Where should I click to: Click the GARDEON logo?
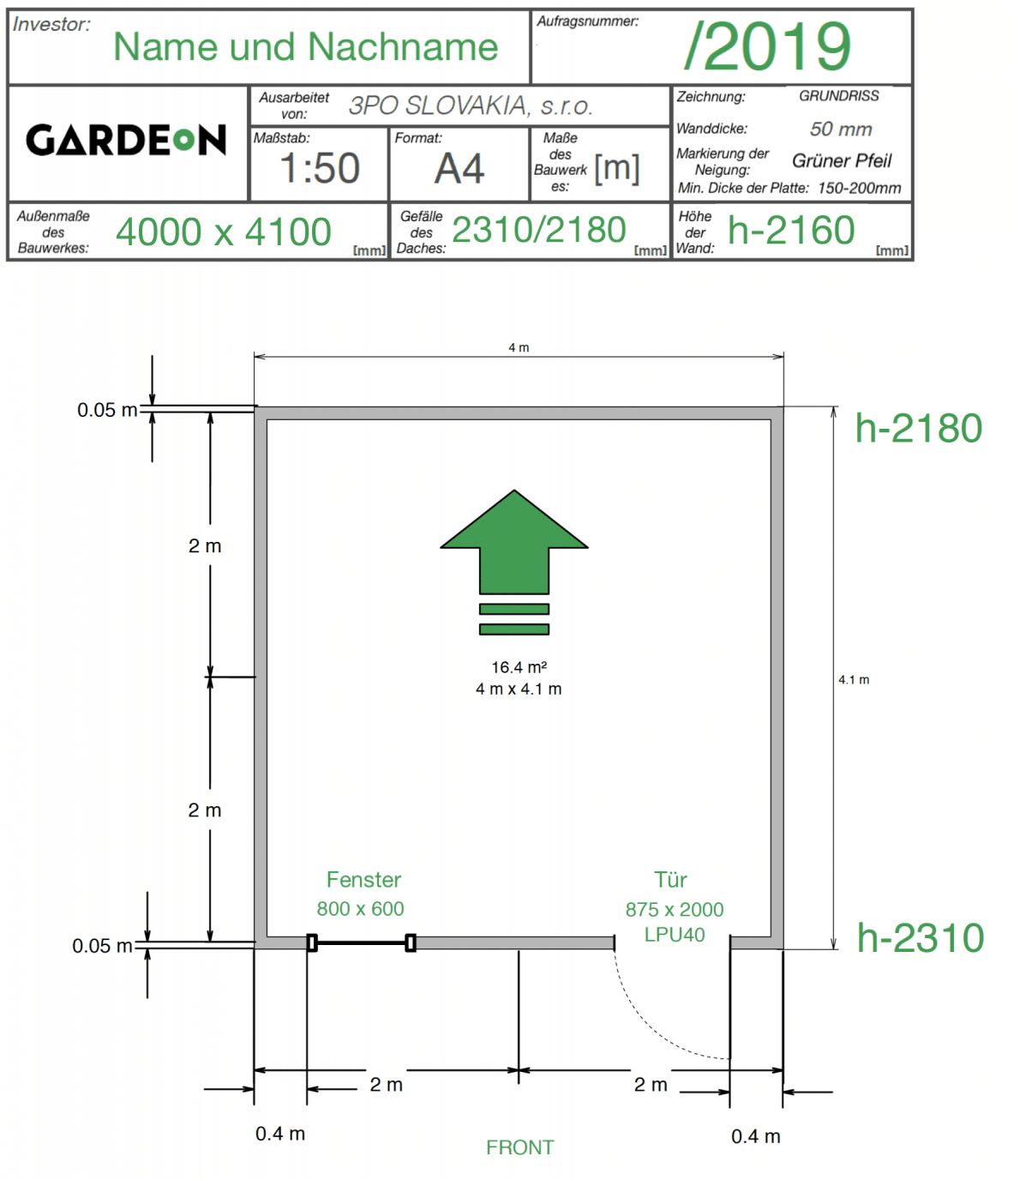125,141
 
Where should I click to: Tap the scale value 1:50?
319,168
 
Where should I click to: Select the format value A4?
459,169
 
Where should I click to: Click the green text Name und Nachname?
305,46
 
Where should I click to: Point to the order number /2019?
767,45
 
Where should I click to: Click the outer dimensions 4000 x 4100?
223,232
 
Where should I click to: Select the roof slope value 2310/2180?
538,230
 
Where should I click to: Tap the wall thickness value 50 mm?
841,129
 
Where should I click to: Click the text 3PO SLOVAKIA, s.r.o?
471,105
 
